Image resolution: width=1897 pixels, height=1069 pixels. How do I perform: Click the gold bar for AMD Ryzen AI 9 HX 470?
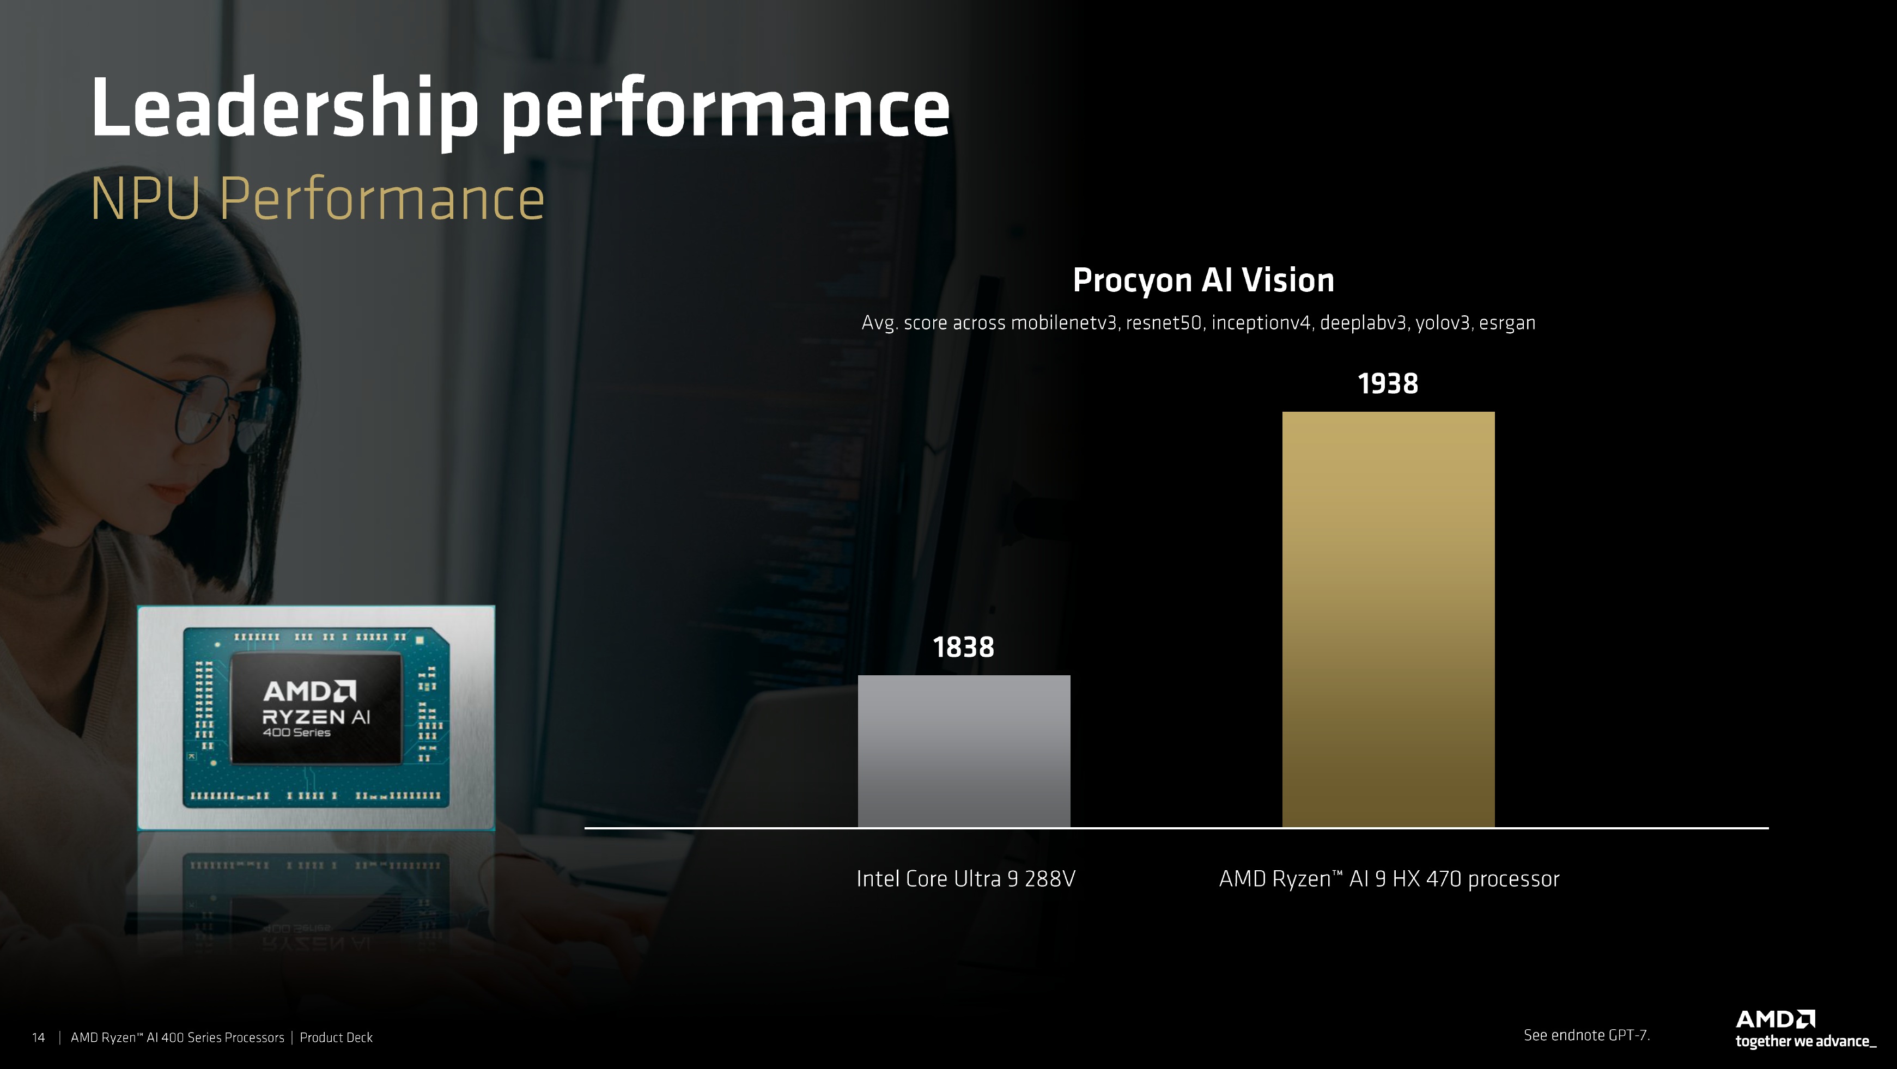click(1388, 619)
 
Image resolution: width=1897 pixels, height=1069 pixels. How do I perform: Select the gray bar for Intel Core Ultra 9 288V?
click(964, 751)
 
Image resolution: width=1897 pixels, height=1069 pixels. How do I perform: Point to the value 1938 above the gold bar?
click(1388, 383)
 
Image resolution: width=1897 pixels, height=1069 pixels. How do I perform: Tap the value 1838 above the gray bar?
click(963, 647)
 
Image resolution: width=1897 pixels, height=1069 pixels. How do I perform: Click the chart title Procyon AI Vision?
click(1203, 280)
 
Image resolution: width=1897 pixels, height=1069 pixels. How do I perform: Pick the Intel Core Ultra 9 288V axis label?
click(965, 878)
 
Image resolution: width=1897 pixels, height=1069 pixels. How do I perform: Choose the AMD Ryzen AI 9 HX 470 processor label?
click(1389, 879)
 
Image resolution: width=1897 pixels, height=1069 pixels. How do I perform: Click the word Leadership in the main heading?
click(285, 109)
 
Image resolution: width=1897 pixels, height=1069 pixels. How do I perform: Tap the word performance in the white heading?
click(725, 114)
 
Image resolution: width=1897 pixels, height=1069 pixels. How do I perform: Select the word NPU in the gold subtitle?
click(145, 199)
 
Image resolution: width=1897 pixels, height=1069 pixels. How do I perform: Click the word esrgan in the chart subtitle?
click(1507, 323)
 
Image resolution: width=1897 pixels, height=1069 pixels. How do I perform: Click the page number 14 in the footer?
click(38, 1037)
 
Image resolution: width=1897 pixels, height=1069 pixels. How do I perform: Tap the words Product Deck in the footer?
click(336, 1037)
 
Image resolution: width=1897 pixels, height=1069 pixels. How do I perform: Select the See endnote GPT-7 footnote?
click(1586, 1035)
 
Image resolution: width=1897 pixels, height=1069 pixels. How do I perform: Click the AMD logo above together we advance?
click(1775, 1019)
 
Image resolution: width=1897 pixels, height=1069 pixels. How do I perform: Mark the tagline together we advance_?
click(1805, 1042)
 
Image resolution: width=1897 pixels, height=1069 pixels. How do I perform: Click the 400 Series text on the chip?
click(297, 732)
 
